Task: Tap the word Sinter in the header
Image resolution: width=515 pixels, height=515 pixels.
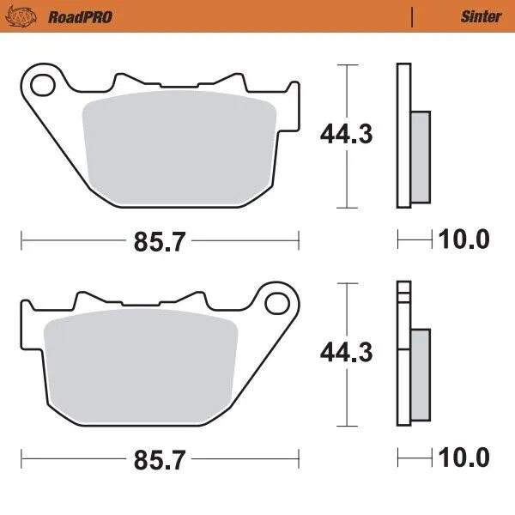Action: click(481, 16)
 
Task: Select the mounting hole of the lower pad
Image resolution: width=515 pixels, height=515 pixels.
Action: click(276, 303)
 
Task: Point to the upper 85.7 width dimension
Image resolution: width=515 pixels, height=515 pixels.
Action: click(159, 242)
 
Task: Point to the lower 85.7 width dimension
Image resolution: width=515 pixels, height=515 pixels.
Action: click(159, 459)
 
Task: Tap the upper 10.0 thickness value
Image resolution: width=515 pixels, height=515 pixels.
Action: click(464, 239)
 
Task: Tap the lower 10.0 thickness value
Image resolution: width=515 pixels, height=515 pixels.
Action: click(464, 457)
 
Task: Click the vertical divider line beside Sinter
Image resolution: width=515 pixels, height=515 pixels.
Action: click(413, 16)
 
